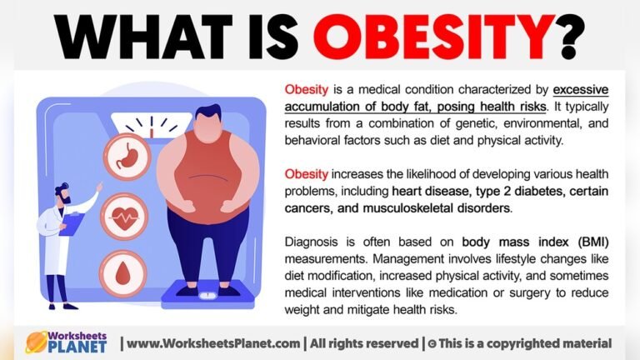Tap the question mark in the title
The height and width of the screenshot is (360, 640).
tap(571, 36)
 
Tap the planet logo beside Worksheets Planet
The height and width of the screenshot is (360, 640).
tap(37, 342)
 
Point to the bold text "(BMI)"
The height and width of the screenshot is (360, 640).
tap(592, 242)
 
